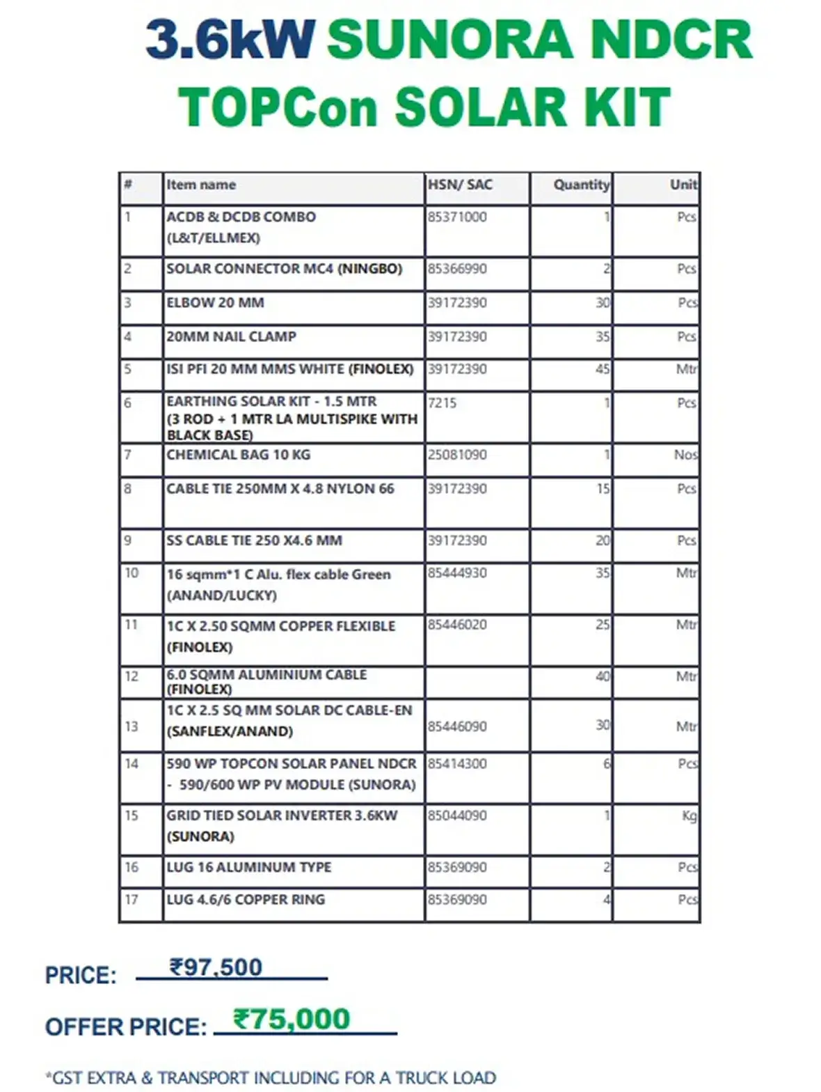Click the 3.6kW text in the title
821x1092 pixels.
coord(230,40)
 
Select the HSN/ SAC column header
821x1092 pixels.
coord(460,185)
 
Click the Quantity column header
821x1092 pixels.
coord(581,185)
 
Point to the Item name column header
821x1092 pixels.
coord(201,185)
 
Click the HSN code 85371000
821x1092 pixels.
coord(457,217)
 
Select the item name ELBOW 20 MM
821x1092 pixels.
coord(215,303)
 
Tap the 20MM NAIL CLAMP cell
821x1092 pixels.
coord(231,337)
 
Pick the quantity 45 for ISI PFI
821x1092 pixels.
coord(603,369)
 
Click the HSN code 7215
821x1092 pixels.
coord(443,403)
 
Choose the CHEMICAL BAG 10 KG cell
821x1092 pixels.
coord(238,455)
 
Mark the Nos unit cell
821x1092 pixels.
coord(685,455)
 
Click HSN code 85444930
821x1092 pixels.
coord(457,574)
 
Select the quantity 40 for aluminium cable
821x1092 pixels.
coord(603,676)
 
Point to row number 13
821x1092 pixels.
coord(131,727)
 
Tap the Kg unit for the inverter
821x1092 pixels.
coord(689,816)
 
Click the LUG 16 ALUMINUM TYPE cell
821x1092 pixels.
coord(248,868)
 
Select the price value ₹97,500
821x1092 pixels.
coord(216,967)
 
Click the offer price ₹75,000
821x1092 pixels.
coord(292,1020)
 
